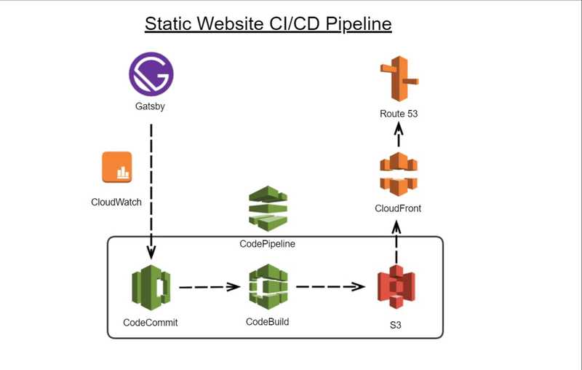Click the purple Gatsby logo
pyautogui.click(x=151, y=74)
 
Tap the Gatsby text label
pyautogui.click(x=150, y=106)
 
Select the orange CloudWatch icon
pyautogui.click(x=117, y=168)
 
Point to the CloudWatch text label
pyautogui.click(x=116, y=202)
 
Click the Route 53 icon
pyautogui.click(x=399, y=79)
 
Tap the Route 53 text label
pyautogui.click(x=399, y=114)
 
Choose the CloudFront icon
pyautogui.click(x=399, y=174)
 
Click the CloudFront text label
pyautogui.click(x=398, y=208)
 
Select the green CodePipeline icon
pyautogui.click(x=268, y=208)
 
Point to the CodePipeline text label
pyautogui.click(x=267, y=244)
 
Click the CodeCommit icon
pyautogui.click(x=151, y=288)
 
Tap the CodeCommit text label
pyautogui.click(x=151, y=323)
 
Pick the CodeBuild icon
pyautogui.click(x=268, y=287)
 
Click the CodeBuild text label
pyautogui.click(x=267, y=322)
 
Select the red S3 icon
pyautogui.click(x=396, y=287)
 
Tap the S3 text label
pyautogui.click(x=395, y=325)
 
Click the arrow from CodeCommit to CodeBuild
pyautogui.click(x=210, y=287)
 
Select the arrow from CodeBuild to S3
pyautogui.click(x=330, y=286)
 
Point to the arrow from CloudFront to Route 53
pyautogui.click(x=399, y=135)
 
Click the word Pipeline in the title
pyautogui.click(x=359, y=24)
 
